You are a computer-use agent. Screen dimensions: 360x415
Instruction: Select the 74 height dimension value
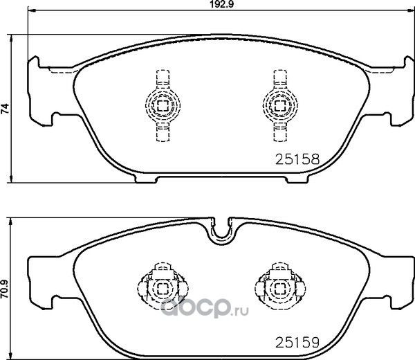[6, 107]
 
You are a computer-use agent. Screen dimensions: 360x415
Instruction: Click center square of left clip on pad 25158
[163, 105]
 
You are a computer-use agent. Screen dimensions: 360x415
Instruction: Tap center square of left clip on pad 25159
[163, 287]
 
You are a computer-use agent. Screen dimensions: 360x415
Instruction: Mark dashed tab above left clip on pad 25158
[163, 78]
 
